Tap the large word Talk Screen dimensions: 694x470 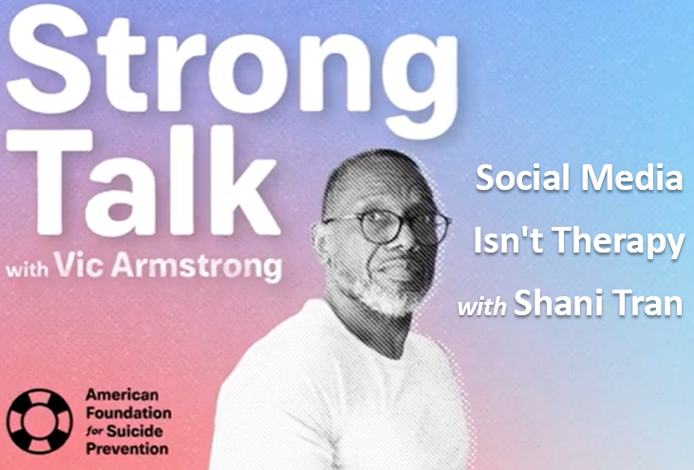(144, 182)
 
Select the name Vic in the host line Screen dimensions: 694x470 (79, 265)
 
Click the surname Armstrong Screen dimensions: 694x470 (197, 267)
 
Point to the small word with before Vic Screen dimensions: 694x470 (28, 269)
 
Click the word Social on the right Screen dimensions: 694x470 (523, 178)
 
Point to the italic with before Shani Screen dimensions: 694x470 (482, 306)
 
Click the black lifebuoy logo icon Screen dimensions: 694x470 (39, 422)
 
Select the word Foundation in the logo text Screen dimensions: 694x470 (128, 413)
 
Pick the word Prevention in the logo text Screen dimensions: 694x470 (127, 449)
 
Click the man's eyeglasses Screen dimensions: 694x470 (386, 226)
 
